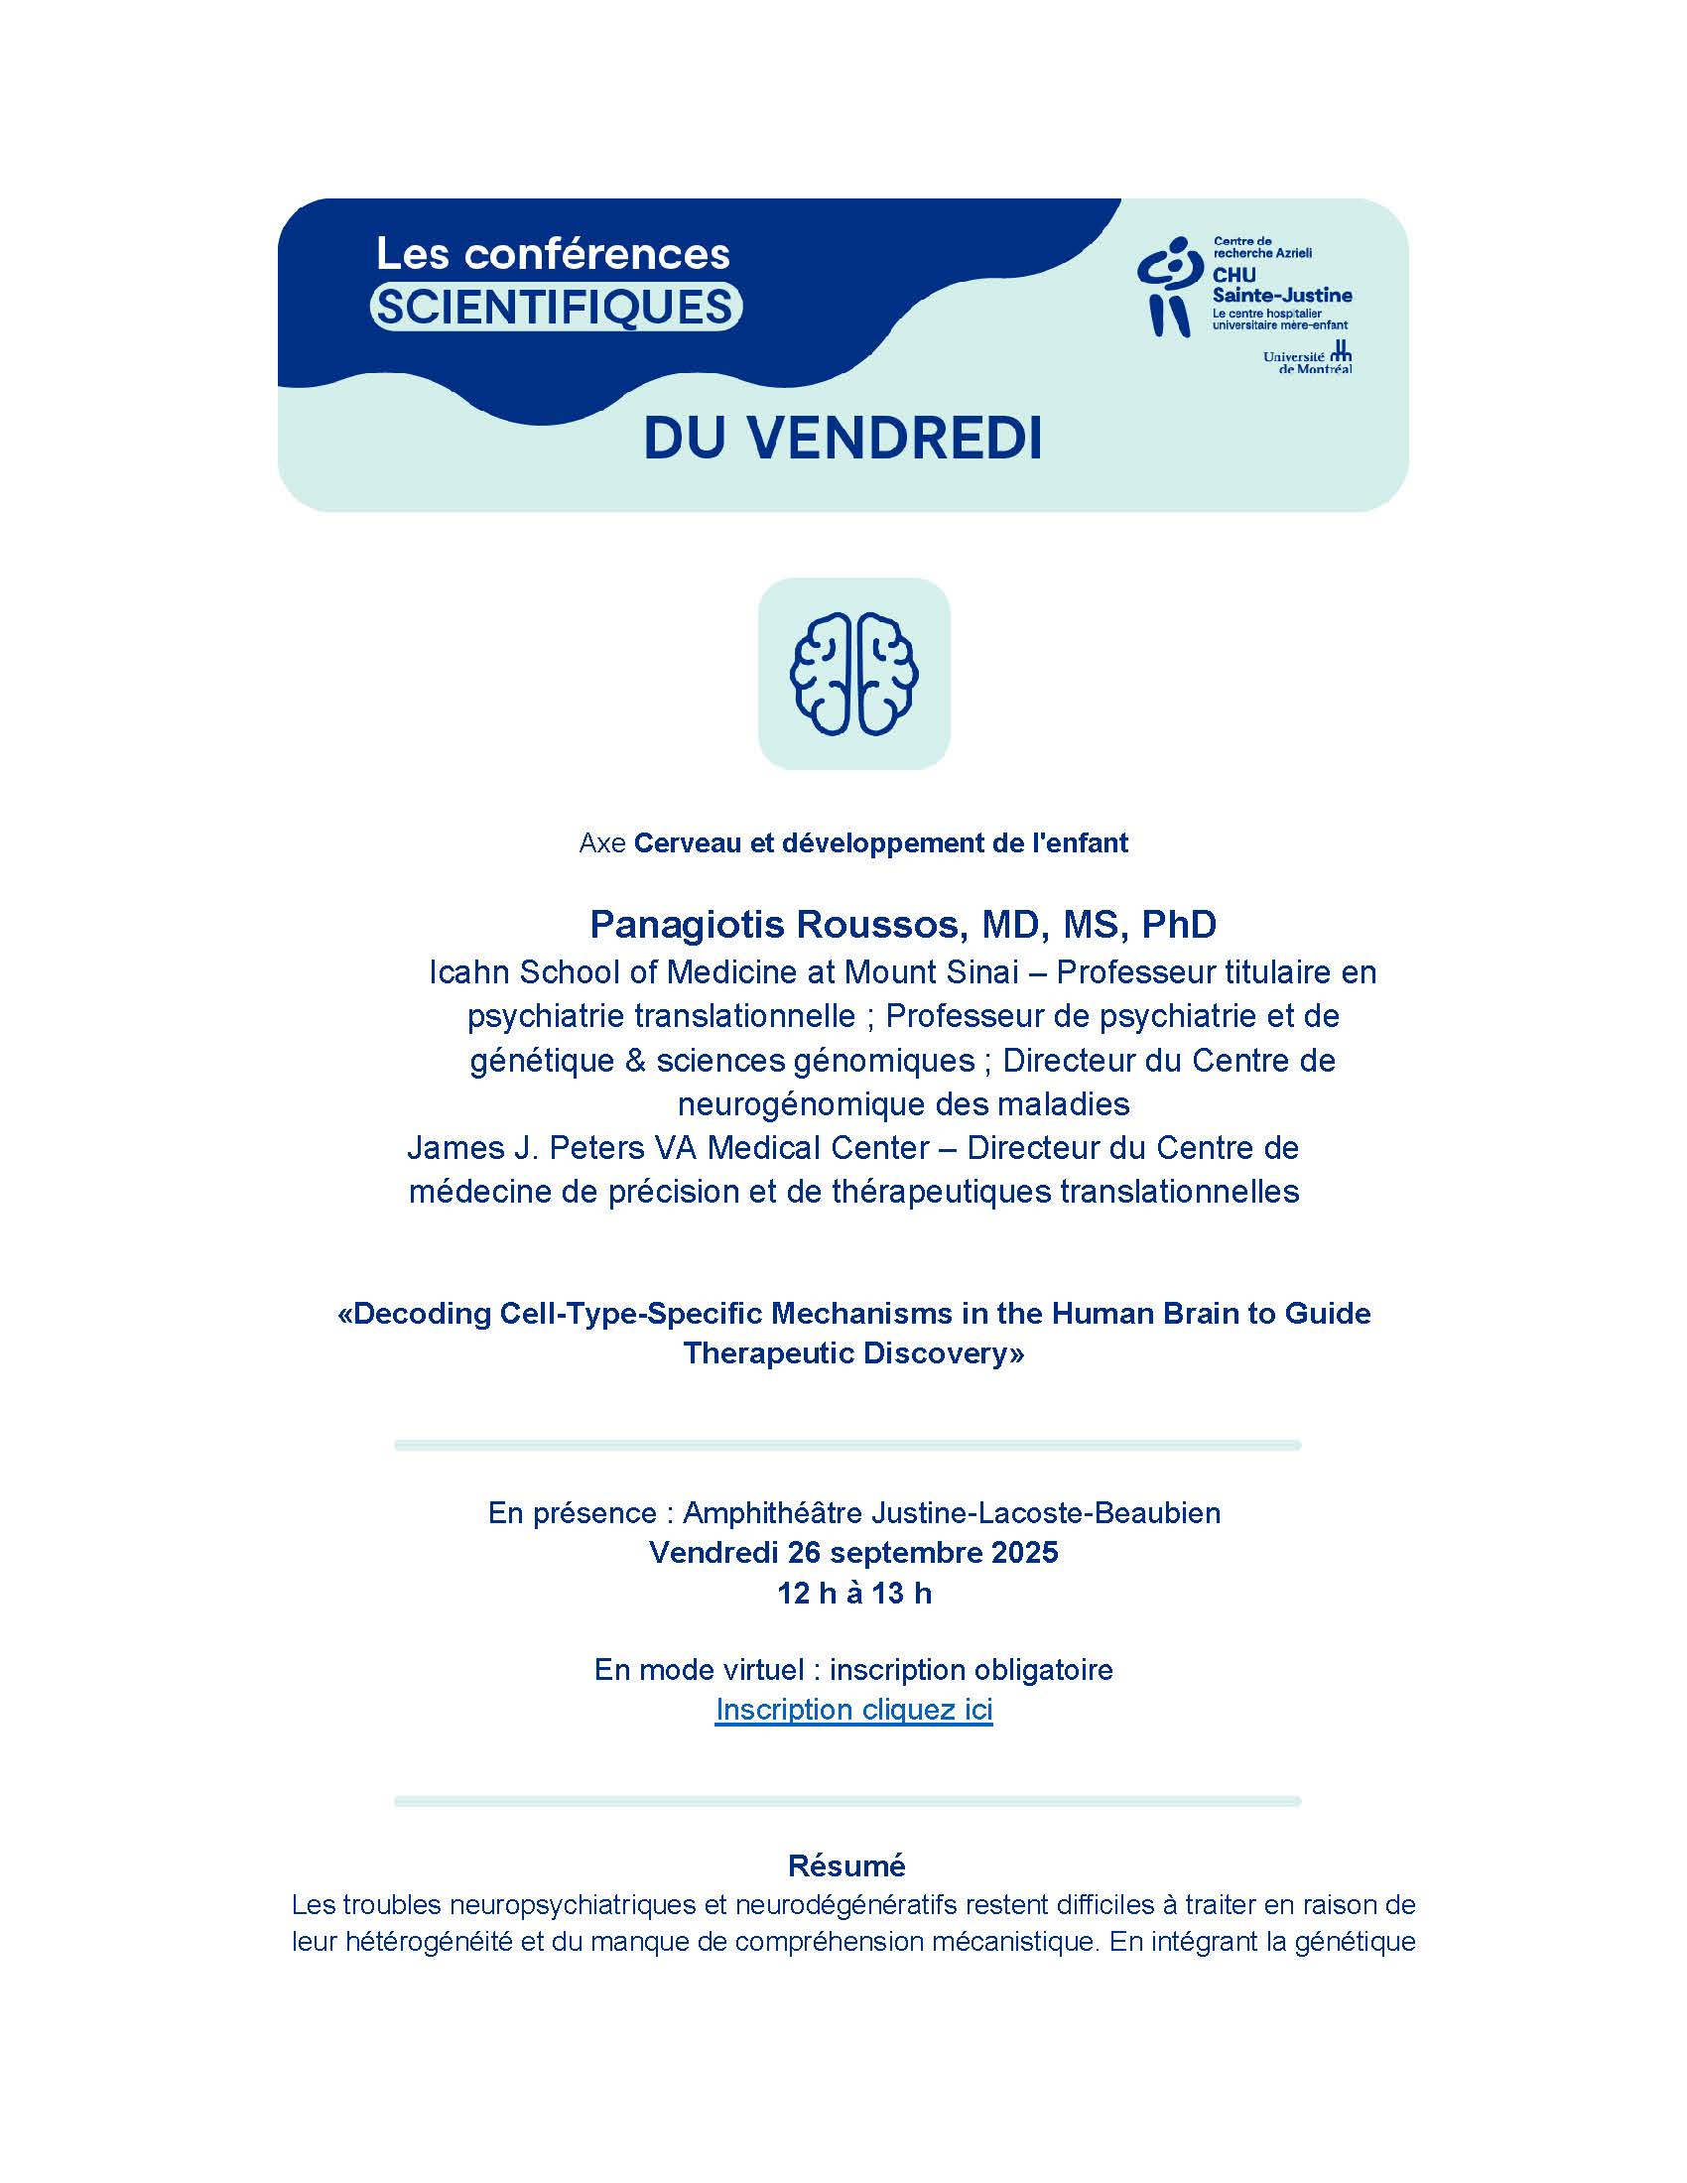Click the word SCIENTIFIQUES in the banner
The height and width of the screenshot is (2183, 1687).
555,307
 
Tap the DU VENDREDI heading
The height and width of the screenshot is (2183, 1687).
843,438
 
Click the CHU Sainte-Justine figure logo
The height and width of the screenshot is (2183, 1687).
1167,287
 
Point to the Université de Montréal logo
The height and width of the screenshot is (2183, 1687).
1307,360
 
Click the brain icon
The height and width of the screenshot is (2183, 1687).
853,674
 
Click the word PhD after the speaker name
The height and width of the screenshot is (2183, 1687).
1178,925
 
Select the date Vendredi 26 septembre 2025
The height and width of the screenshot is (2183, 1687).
853,1552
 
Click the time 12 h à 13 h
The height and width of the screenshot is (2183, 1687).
853,1593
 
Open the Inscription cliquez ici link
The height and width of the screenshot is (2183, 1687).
853,1710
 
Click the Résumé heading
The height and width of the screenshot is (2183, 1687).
846,1865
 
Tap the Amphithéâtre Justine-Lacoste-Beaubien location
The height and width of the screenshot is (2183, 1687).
951,1512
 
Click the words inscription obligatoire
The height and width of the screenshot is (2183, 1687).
971,1669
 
